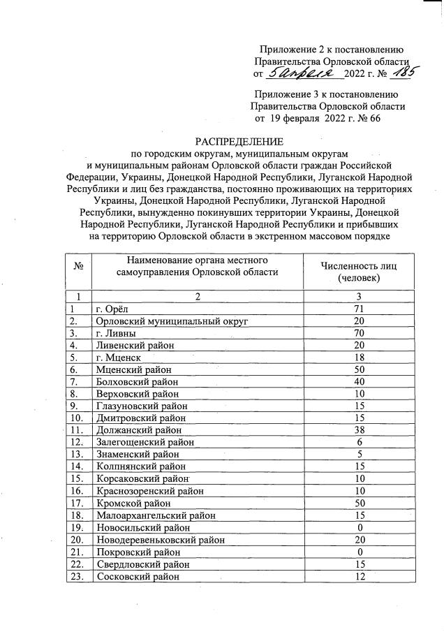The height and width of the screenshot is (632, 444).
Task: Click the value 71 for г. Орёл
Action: click(359, 308)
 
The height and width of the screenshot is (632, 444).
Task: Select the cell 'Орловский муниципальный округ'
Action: click(172, 321)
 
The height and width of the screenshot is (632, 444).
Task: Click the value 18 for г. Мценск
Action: click(359, 357)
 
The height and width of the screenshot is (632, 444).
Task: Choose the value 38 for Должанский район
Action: click(359, 430)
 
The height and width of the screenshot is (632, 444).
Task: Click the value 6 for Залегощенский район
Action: click(359, 442)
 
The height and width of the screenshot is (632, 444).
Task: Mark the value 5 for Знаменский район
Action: click(359, 455)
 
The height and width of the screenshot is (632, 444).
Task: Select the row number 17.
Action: click(78, 504)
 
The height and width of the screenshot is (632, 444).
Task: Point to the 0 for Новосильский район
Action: click(359, 528)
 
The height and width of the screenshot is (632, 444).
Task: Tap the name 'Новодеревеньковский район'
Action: click(160, 540)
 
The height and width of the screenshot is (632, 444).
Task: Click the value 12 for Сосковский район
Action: click(359, 577)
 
